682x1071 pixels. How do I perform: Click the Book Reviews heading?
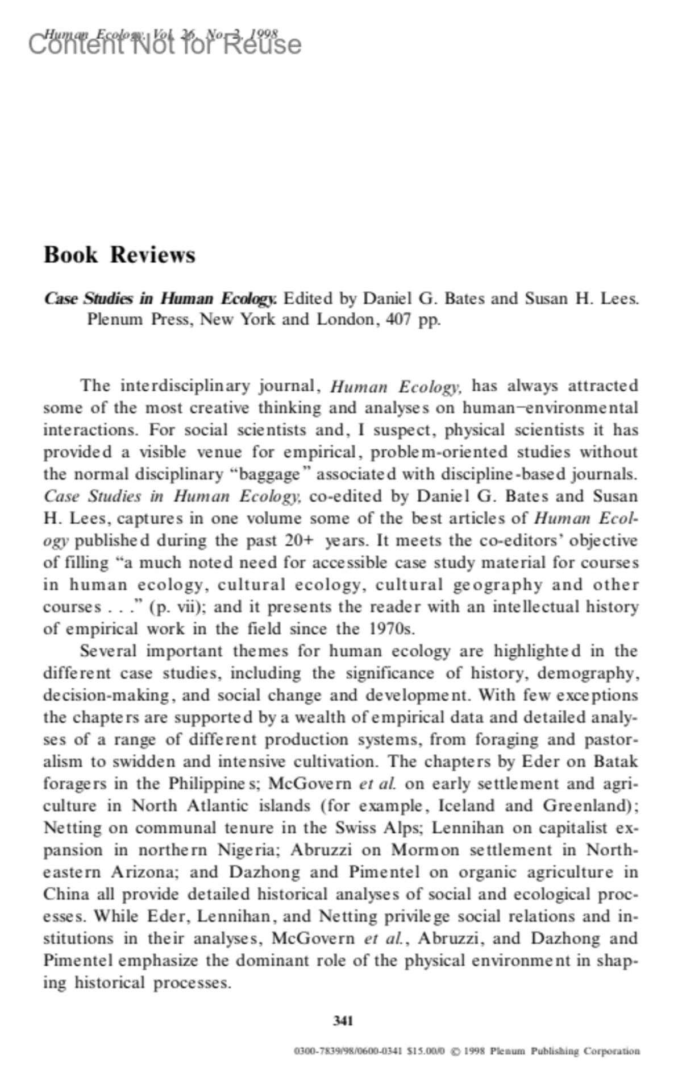click(119, 254)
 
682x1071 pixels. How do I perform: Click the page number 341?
click(343, 1020)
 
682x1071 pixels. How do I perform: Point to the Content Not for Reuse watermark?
click(165, 44)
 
